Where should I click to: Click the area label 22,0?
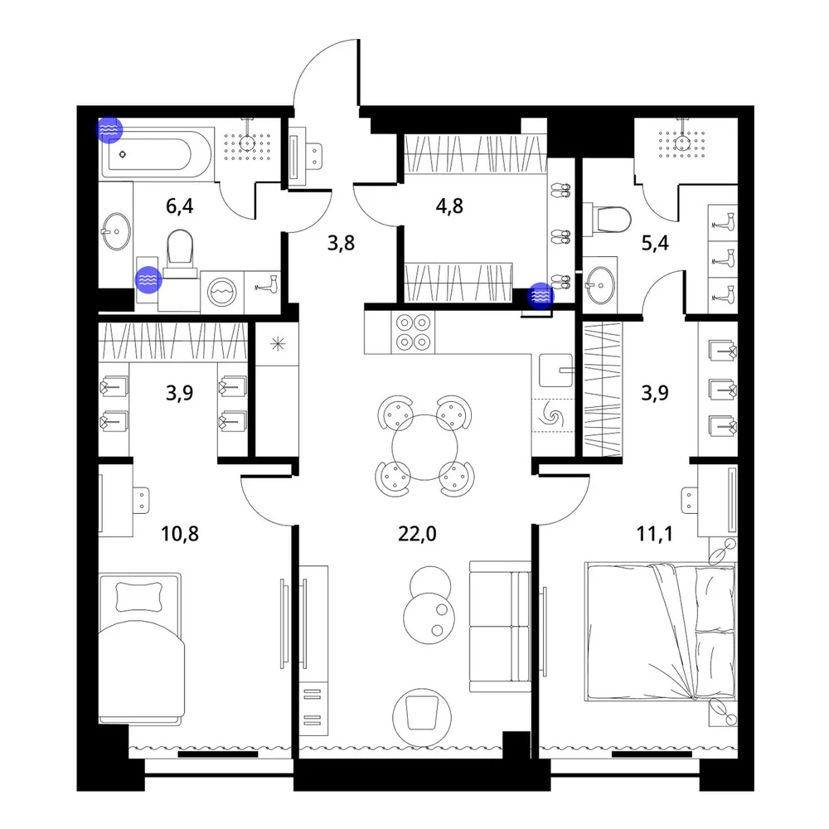click(x=417, y=534)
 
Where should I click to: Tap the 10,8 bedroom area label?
click(x=180, y=534)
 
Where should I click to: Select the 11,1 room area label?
click(x=655, y=534)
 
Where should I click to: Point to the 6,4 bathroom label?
click(x=180, y=206)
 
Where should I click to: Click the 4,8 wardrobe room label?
click(x=449, y=206)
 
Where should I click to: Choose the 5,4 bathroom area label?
click(x=655, y=243)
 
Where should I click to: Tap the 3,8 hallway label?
click(x=341, y=243)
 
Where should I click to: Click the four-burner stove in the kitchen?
click(x=413, y=332)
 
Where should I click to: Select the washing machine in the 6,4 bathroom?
click(x=222, y=291)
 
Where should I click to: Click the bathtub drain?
click(x=123, y=154)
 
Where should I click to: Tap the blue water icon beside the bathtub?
click(x=109, y=129)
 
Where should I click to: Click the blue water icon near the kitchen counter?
click(x=541, y=296)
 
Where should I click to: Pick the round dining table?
click(x=424, y=448)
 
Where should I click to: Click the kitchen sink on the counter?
click(x=555, y=371)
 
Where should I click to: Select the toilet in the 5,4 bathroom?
click(x=608, y=219)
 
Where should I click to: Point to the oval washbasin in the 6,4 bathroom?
click(x=116, y=231)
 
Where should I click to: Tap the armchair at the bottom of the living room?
click(x=422, y=717)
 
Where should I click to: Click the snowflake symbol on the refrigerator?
click(x=278, y=345)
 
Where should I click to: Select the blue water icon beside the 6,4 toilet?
click(x=148, y=279)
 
